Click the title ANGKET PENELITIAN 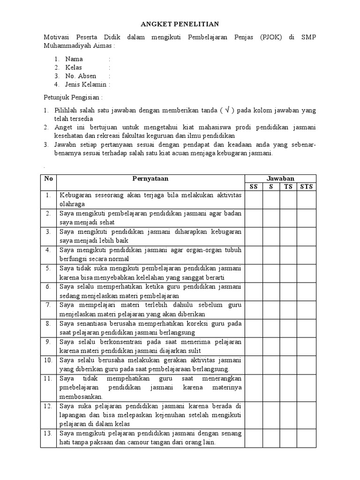[x=180, y=24]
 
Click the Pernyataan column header [x=150, y=179]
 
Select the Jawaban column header [x=280, y=179]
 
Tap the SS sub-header [x=254, y=187]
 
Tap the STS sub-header [x=307, y=187]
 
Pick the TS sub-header [x=288, y=187]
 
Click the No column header [x=48, y=179]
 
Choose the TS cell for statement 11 [x=288, y=387]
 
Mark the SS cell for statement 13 [x=254, y=438]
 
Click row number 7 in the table [x=48, y=305]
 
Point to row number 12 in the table [x=48, y=406]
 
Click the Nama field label [x=74, y=59]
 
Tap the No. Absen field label [x=81, y=76]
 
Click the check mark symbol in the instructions [x=227, y=111]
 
